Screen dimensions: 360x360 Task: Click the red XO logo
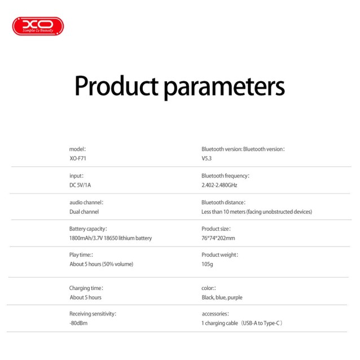coord(38,26)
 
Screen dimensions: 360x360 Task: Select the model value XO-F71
coord(77,159)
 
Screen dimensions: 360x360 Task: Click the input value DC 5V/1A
coord(82,185)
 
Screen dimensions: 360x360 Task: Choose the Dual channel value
coord(84,212)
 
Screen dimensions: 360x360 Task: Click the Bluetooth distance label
coord(223,202)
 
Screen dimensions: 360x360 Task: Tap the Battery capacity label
coord(88,229)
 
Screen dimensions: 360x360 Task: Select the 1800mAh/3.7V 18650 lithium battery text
coord(111,238)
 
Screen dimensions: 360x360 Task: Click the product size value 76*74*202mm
coord(218,238)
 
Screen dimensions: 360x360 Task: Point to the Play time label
coord(81,254)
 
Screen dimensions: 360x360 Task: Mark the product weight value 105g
coord(207,264)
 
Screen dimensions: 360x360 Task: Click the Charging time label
coord(86,288)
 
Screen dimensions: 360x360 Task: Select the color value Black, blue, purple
coord(222,297)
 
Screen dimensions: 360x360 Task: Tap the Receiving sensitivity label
coord(93,314)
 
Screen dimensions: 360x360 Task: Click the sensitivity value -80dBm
coord(78,323)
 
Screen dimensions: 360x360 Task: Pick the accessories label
coord(215,314)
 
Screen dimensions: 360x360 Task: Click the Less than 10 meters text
coord(257,212)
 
